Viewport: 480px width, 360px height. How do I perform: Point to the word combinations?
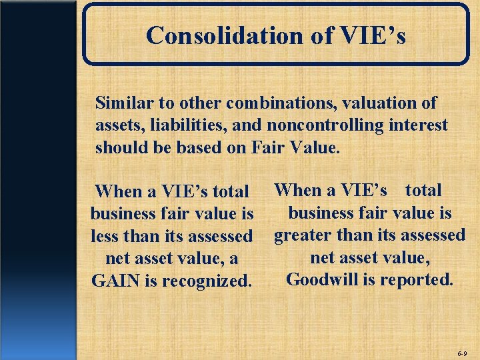coord(267,103)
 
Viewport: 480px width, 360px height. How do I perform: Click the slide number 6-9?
coord(462,351)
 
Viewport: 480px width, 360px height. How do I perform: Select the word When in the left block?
coord(119,192)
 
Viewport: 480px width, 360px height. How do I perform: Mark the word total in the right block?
coord(423,190)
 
